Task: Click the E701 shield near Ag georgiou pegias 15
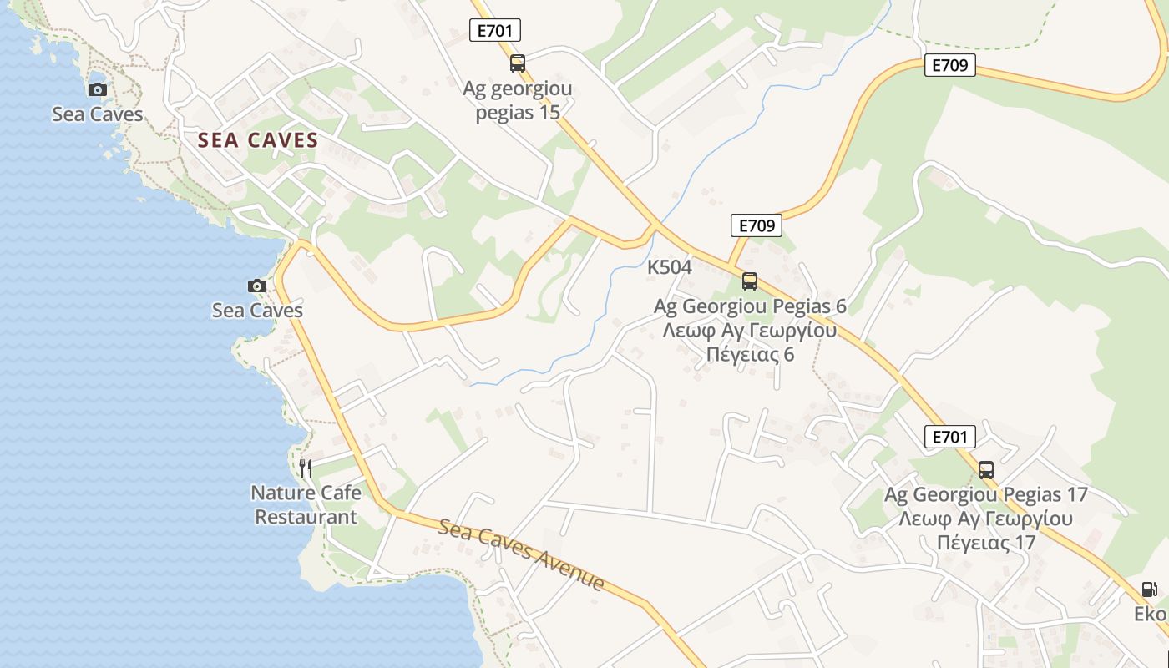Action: coord(495,32)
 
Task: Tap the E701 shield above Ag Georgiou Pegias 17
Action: coord(950,436)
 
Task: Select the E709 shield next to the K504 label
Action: coord(757,225)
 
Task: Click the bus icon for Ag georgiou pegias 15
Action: coord(518,63)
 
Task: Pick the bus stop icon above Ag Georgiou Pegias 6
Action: coord(750,281)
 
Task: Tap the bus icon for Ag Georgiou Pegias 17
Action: coord(986,469)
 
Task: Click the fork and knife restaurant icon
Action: coord(306,468)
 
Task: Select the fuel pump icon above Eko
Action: coord(1150,589)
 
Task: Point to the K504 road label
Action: coord(670,267)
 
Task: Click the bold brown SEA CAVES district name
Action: coord(259,140)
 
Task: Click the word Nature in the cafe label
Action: coord(281,493)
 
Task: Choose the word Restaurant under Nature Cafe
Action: coord(306,517)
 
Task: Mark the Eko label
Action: coord(1150,614)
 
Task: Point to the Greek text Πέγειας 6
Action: coord(750,354)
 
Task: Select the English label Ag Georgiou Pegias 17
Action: coord(986,494)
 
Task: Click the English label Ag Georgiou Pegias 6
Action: coord(750,306)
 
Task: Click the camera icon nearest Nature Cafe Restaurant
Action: coord(257,286)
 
